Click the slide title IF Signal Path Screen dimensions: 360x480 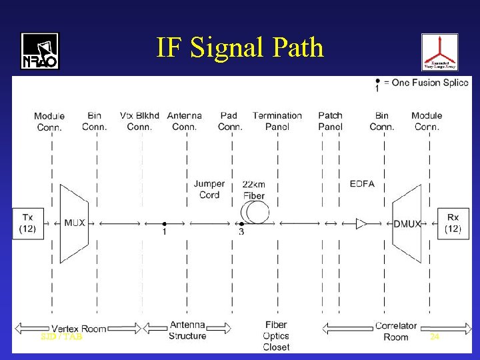(240, 48)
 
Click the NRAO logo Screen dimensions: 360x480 (40, 51)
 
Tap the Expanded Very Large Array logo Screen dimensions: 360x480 (439, 52)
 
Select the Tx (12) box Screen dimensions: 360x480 (27, 223)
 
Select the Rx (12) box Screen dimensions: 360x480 (453, 223)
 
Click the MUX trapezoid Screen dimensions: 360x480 (74, 223)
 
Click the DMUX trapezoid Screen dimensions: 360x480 (407, 223)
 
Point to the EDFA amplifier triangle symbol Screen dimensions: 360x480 (361, 223)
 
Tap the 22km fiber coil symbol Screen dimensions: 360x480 (255, 213)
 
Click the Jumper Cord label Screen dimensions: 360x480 (209, 189)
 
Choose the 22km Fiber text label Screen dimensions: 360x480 (253, 189)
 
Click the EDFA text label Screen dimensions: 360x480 (362, 184)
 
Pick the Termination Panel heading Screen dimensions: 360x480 (277, 121)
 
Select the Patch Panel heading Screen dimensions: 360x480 (330, 121)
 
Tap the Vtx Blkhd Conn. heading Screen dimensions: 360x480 (139, 121)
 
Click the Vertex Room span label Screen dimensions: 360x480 (79, 329)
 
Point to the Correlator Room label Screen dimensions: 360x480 (396, 331)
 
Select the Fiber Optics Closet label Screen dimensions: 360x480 (276, 336)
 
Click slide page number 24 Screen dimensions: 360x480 (435, 337)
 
